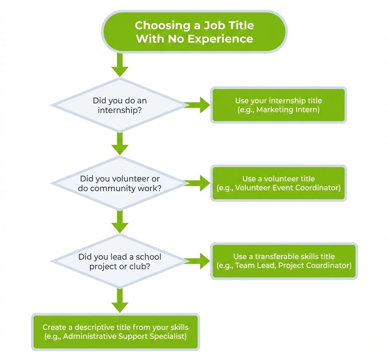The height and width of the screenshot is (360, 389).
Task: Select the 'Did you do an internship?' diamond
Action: coord(119,105)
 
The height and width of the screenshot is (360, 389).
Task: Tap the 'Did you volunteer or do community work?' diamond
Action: coord(119,184)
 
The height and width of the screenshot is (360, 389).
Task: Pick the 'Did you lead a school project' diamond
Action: coord(119,262)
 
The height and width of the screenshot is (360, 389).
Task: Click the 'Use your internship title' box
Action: coord(278,105)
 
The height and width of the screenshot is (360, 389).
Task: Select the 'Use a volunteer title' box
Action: coord(278,183)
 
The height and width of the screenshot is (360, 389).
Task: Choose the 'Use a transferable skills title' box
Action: coord(284,261)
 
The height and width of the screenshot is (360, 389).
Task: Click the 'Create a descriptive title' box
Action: coord(115,332)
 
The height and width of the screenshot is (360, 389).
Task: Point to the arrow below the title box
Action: coord(120,65)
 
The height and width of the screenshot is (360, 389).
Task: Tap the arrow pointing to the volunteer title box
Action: coord(198,183)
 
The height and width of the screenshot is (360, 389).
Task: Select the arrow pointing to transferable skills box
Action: coord(198,261)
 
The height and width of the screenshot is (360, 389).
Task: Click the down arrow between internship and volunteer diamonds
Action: coord(120,144)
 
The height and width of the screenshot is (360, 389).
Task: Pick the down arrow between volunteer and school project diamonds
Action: coord(120,222)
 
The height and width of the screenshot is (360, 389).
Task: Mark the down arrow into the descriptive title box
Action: coord(120,300)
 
